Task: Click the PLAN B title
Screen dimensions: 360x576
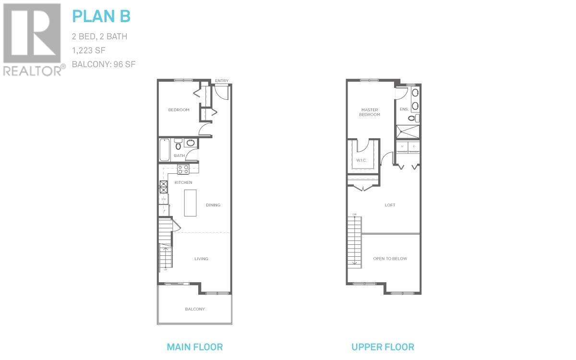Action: coord(101,16)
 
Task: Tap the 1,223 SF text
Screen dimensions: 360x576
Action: coord(88,50)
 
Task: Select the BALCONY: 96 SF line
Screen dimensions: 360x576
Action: coord(104,64)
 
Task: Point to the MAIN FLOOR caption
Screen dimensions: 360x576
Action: coord(194,347)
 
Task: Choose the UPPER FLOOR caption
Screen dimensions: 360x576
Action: coord(383,347)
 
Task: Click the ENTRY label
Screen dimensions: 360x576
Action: coord(221,81)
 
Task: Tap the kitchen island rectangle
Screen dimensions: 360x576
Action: coord(191,203)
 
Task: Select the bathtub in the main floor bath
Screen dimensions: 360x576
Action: coord(164,149)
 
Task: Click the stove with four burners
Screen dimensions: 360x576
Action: coord(183,169)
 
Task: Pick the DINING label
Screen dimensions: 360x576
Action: coord(213,205)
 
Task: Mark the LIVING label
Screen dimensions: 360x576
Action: coord(201,259)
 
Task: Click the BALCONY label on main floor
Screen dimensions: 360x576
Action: coord(195,309)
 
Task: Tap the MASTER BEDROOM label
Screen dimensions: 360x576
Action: coord(370,112)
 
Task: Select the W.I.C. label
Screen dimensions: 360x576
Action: coord(361,160)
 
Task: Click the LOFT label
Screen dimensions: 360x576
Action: coord(390,205)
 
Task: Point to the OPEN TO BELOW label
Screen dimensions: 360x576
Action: coord(390,259)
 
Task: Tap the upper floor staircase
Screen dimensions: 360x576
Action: coord(355,240)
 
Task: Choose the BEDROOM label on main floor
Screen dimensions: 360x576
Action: coord(179,110)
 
